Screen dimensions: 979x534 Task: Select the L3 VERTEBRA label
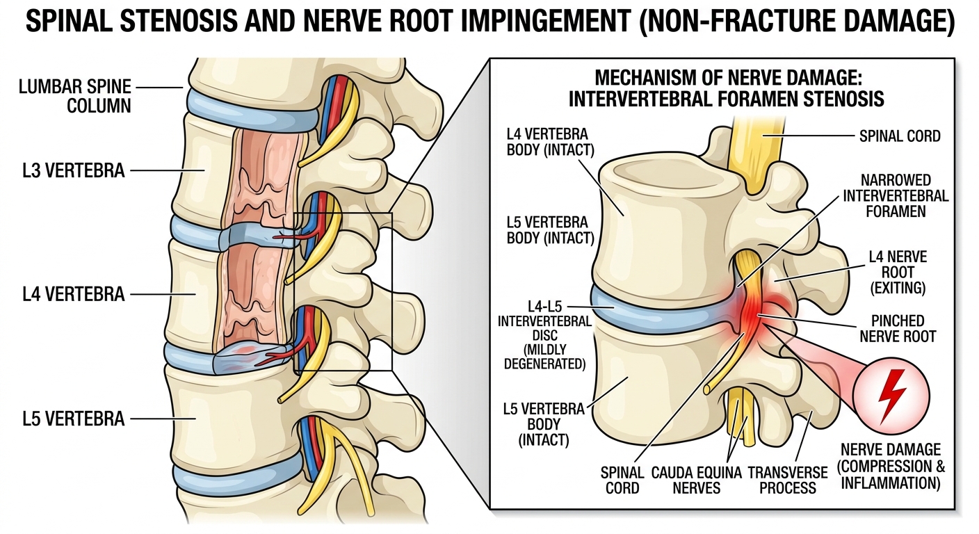[74, 170]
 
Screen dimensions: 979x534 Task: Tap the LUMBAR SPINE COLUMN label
[74, 96]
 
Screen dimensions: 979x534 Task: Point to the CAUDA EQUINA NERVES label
[696, 480]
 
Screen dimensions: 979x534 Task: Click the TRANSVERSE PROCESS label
[788, 480]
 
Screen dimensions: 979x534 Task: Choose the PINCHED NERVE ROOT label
[898, 329]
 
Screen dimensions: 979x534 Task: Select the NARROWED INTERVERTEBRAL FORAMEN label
[896, 196]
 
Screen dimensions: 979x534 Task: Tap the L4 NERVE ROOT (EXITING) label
[898, 272]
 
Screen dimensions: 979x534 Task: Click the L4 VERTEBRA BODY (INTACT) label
[550, 142]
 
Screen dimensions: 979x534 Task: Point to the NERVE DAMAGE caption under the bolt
[891, 466]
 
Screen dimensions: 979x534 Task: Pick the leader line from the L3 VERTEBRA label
[168, 170]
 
